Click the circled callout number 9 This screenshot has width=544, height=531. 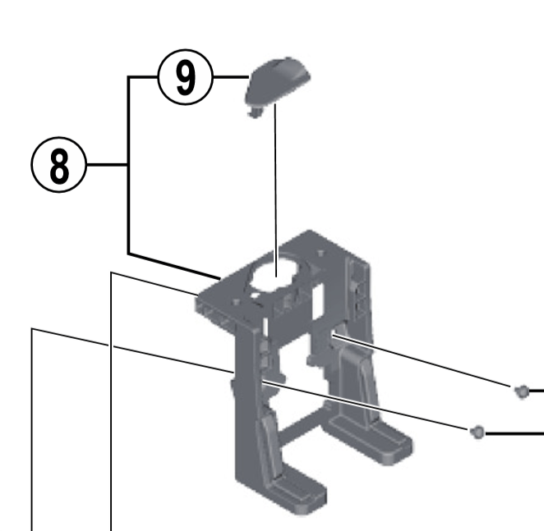click(185, 78)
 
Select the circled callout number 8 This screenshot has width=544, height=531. click(58, 165)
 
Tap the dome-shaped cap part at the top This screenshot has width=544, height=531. click(279, 80)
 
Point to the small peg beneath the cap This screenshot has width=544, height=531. click(252, 111)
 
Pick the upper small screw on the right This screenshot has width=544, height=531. click(520, 391)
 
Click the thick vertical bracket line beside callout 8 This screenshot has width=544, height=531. click(128, 164)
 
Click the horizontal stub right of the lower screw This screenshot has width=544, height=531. click(514, 431)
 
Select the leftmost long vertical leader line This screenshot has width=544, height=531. click(32, 427)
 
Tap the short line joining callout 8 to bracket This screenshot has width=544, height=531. click(106, 165)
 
